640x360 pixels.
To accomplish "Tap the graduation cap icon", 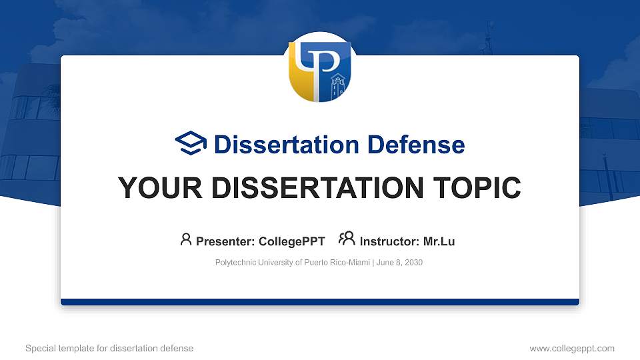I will click(x=191, y=144).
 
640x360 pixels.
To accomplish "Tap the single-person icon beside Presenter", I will click(x=186, y=239).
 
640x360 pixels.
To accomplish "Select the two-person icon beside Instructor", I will click(x=347, y=239).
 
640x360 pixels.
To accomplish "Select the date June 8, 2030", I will click(x=399, y=263).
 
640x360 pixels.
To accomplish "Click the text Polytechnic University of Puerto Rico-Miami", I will click(x=292, y=263).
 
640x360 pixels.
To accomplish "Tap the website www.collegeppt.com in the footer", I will click(x=571, y=348).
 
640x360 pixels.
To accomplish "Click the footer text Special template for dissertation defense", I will click(x=109, y=348).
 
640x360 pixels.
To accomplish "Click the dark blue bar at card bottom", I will click(x=319, y=302).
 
